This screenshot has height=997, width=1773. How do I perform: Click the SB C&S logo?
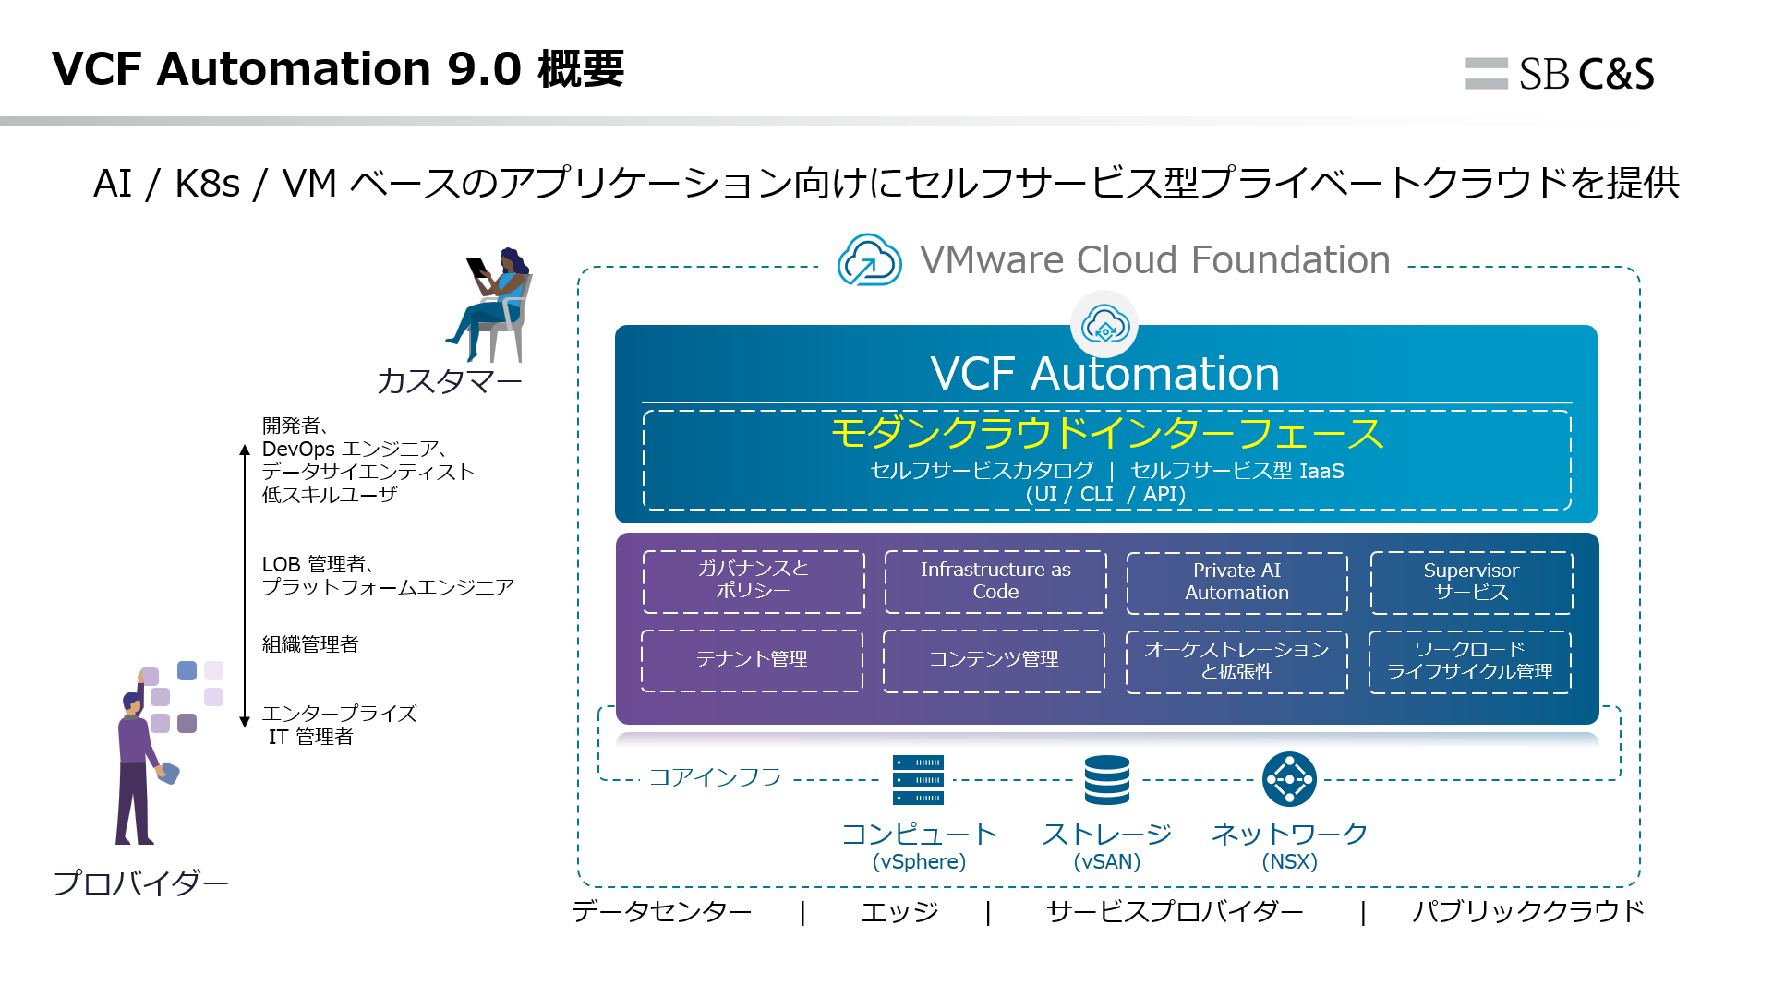coord(1560,74)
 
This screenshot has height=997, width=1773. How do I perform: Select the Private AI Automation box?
coord(1236,583)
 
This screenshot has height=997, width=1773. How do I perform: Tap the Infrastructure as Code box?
coord(995,582)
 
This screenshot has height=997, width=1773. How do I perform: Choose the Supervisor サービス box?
coord(1471,583)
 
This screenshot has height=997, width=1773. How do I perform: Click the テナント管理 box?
coord(752,660)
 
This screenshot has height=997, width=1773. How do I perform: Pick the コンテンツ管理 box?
coord(994,660)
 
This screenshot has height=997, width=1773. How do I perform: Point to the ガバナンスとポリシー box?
coord(754,581)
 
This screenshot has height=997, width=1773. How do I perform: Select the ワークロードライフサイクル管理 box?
coord(1470,661)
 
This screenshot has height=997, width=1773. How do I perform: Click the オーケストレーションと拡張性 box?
coord(1236,661)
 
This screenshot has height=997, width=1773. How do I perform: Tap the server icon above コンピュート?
coord(918,780)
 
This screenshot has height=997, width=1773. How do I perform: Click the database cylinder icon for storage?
coord(1107,780)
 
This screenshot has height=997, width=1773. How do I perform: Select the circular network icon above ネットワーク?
coord(1289,780)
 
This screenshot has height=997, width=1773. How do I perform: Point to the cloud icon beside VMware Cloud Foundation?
coord(869,260)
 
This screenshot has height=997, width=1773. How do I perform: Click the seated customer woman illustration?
coord(493,306)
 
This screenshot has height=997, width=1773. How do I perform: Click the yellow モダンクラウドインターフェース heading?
coord(1106,434)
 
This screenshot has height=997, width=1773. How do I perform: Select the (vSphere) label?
coord(919,862)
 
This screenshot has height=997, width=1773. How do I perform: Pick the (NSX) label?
coord(1289,862)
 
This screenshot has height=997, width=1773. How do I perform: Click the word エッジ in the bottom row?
coord(899,912)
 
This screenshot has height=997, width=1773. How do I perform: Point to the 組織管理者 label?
coord(310,644)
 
